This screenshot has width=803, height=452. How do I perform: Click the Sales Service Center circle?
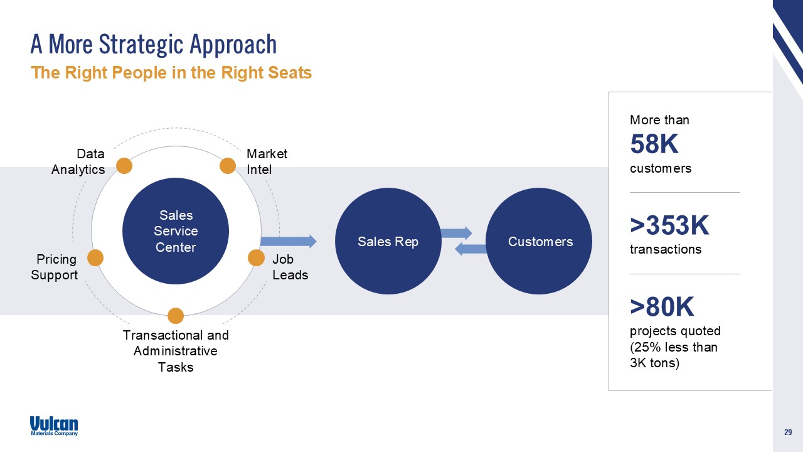coord(176,232)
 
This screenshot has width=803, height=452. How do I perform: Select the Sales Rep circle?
coord(388,241)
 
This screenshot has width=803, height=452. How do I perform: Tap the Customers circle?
coord(540,241)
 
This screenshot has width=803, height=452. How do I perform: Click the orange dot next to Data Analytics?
coord(124,166)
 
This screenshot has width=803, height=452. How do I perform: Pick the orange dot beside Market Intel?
coord(227,166)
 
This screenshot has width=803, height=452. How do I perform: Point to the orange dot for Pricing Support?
coord(95,257)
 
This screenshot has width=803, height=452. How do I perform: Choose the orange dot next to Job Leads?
coord(256,257)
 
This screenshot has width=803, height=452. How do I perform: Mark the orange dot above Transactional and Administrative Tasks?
coord(176,315)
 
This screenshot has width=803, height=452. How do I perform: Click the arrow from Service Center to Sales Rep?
coord(288,241)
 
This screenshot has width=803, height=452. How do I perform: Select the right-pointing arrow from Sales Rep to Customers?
coord(456,234)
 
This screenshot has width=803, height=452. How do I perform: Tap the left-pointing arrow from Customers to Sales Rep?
coord(471,249)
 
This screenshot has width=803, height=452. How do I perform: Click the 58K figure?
coord(654,145)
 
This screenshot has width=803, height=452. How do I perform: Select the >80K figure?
coord(662,307)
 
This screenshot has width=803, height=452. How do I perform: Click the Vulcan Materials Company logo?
coord(54,426)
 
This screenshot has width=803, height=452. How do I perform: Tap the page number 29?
coord(787,432)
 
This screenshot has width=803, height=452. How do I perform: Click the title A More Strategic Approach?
coord(154,45)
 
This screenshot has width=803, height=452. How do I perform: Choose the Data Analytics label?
coord(78,161)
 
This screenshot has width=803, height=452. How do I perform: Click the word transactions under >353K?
coord(666,249)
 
